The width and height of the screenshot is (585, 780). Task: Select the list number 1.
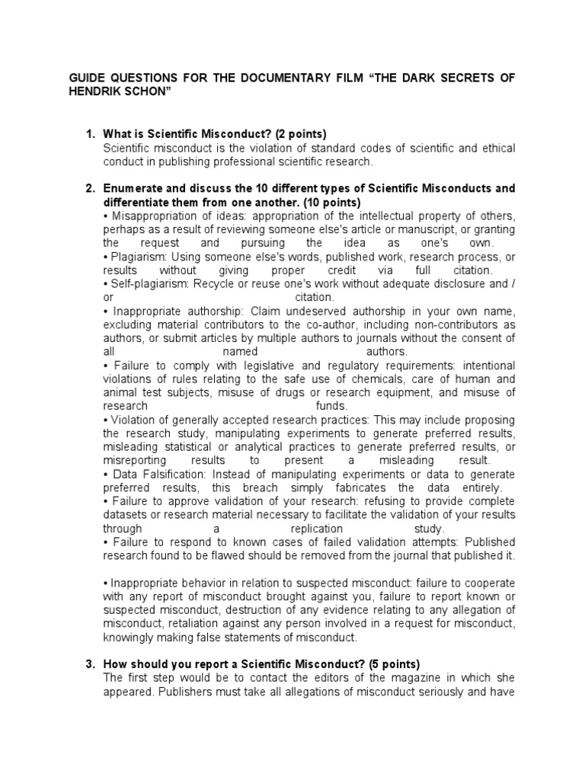88,135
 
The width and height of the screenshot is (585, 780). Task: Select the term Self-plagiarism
148,283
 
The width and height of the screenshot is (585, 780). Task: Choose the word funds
331,405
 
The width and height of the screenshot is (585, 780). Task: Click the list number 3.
88,663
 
